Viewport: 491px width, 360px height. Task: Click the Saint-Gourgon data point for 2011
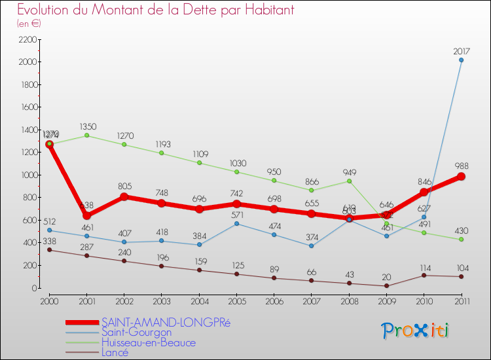(461, 60)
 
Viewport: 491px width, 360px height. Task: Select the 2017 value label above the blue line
(461, 50)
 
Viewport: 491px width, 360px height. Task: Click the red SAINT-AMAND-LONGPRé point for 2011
(461, 176)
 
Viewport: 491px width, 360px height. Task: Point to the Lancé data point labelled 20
(386, 285)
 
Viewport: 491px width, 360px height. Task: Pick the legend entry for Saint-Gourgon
(136, 333)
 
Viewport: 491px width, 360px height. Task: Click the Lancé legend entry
(115, 351)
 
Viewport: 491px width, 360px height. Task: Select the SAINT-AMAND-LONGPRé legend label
(166, 323)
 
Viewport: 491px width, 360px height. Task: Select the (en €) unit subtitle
(29, 24)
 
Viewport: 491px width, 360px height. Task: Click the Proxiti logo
(416, 331)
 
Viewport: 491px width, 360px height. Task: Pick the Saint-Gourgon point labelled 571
(236, 224)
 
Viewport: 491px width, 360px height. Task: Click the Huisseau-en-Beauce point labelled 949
(349, 181)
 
